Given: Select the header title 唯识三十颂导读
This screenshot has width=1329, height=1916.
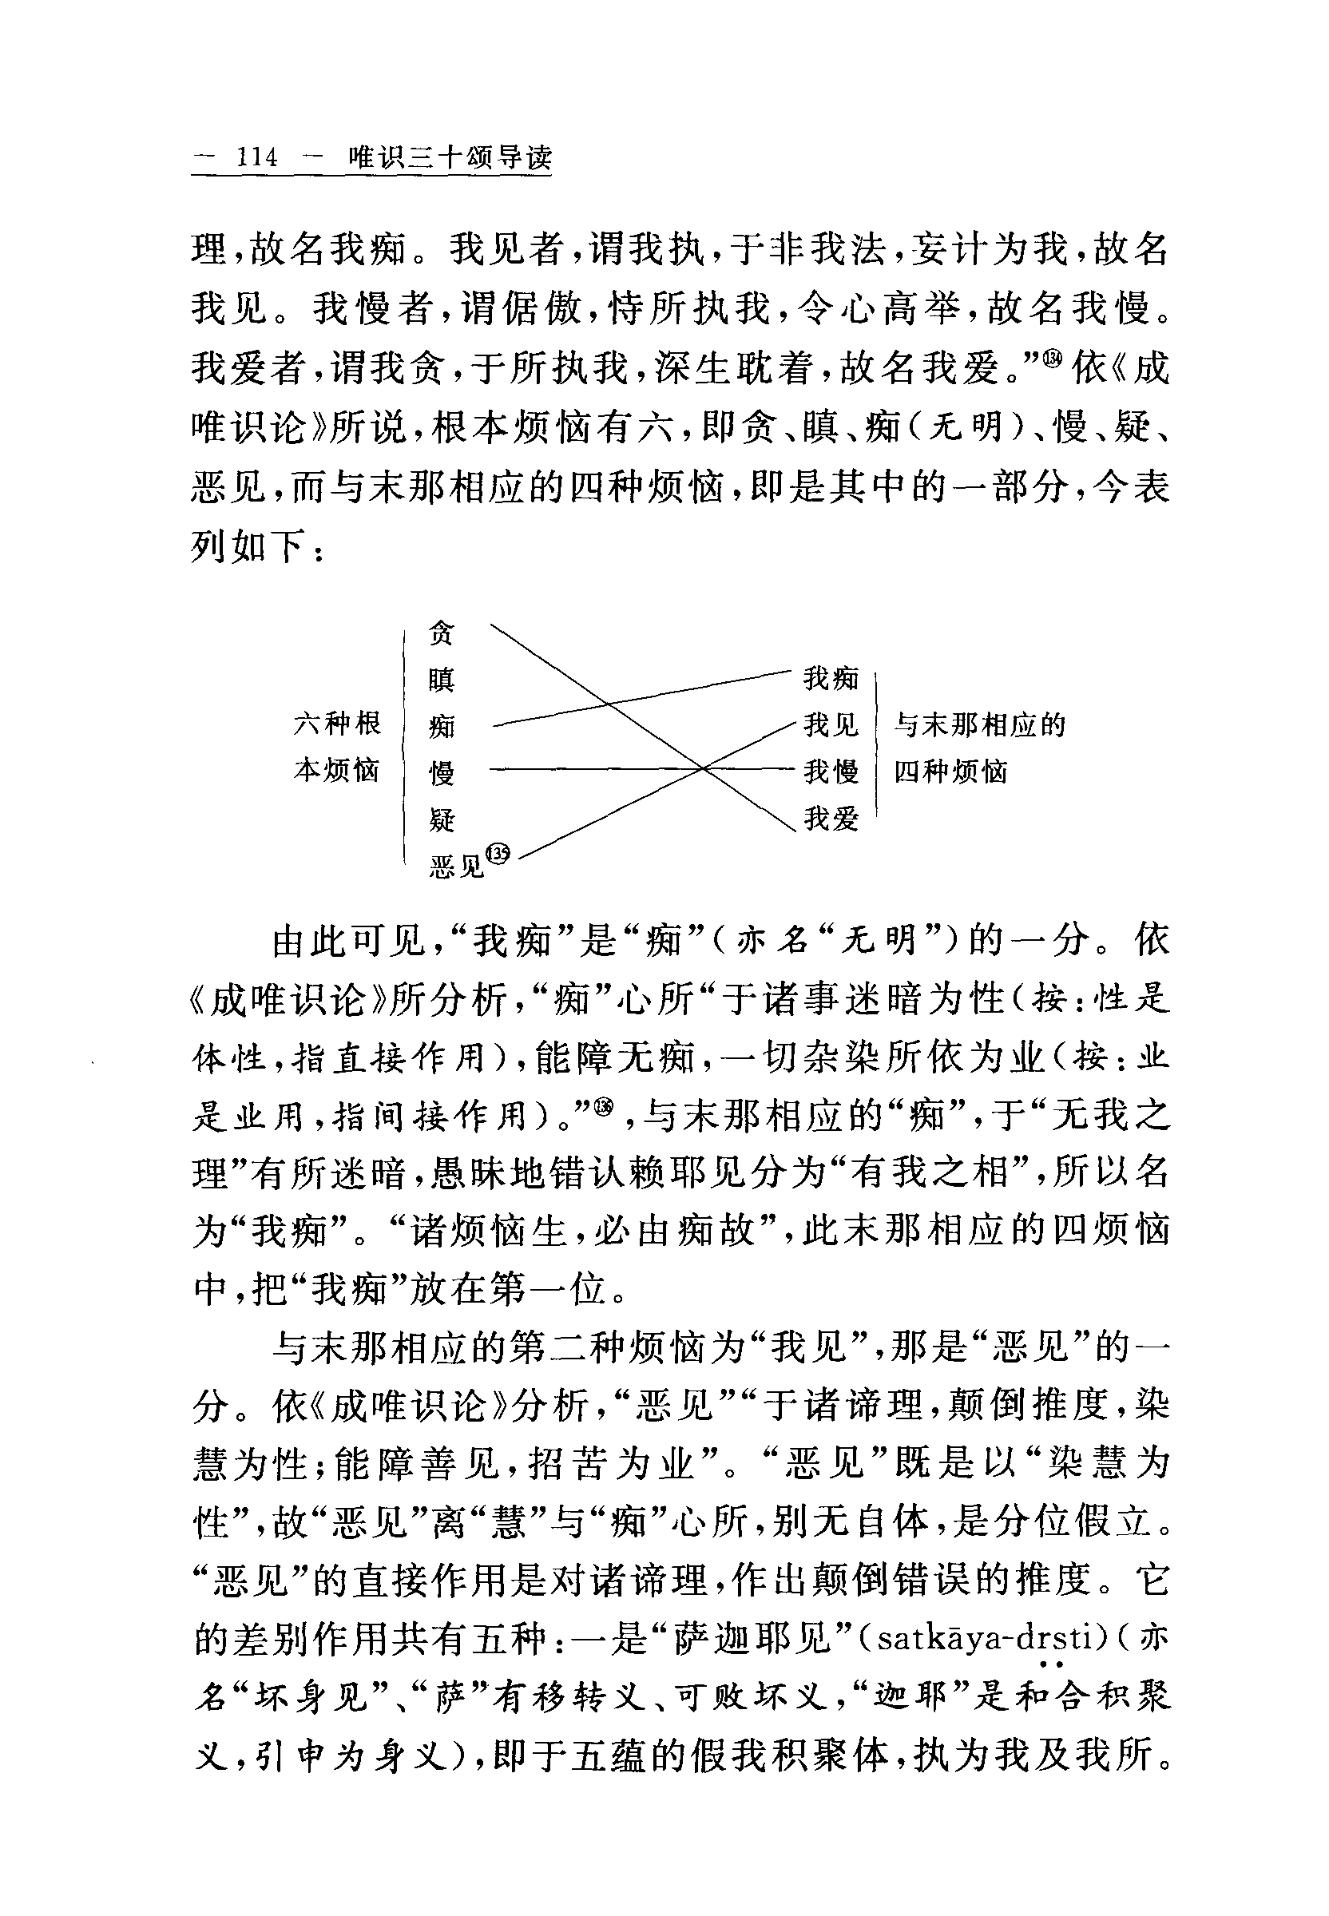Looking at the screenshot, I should (450, 157).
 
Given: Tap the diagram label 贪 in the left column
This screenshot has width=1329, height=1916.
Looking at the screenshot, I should (442, 633).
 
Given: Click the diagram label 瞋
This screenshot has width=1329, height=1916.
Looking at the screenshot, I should (442, 680).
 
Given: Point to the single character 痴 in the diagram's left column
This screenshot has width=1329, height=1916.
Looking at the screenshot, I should (442, 726).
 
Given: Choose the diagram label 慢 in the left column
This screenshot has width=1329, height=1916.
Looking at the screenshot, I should (442, 773).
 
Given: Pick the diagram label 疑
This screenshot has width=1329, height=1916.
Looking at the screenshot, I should (442, 819).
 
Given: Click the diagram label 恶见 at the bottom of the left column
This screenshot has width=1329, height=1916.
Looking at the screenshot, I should (456, 867).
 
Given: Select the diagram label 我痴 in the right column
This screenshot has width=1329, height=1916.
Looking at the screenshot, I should (830, 679).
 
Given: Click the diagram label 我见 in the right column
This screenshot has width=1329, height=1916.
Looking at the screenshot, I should (830, 725).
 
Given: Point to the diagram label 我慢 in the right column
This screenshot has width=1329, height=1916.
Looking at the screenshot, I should (830, 772).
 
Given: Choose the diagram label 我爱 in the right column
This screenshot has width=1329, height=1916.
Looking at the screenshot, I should (830, 819).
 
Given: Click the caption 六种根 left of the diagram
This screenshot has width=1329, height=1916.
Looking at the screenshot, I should (336, 723).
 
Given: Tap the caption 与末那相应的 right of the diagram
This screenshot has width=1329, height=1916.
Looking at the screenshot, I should (979, 725).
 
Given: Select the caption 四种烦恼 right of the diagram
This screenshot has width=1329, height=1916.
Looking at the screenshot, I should (950, 772).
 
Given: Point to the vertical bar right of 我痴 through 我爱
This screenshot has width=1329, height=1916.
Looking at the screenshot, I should (877, 749).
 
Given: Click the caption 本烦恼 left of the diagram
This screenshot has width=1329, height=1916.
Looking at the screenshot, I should (336, 770).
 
